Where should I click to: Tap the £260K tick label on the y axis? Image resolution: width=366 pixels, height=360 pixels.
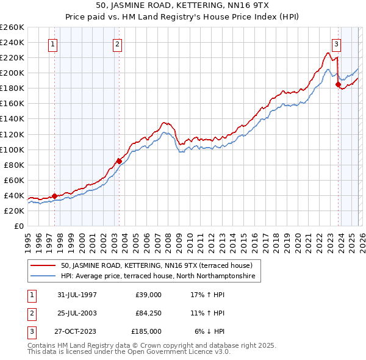click(x=12, y=27)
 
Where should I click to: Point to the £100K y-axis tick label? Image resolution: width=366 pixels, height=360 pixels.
click(x=12, y=149)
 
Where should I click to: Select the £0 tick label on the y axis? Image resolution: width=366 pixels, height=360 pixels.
click(x=19, y=226)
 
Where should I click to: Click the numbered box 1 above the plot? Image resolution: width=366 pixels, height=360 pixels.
click(x=53, y=43)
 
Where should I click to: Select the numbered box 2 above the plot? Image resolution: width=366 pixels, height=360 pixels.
click(x=117, y=43)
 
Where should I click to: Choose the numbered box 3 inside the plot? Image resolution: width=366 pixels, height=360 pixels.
click(x=336, y=43)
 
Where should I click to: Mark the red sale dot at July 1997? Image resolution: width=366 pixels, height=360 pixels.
click(x=55, y=196)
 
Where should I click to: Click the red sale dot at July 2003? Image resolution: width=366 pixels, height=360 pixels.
click(x=119, y=161)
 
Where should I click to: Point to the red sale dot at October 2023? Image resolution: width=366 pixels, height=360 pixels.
click(x=338, y=85)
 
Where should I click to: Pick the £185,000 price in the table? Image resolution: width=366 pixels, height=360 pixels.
click(x=146, y=331)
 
